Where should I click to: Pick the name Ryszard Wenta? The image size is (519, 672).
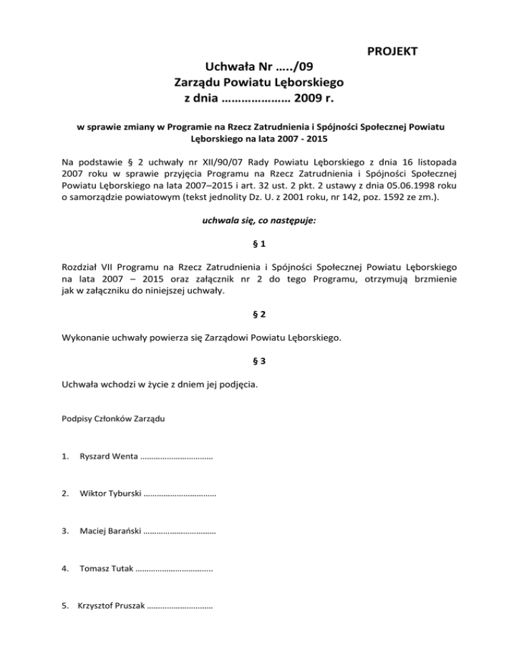click(x=108, y=458)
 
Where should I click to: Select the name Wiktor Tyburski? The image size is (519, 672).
click(x=110, y=495)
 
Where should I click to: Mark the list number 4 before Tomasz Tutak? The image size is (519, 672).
click(x=64, y=569)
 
